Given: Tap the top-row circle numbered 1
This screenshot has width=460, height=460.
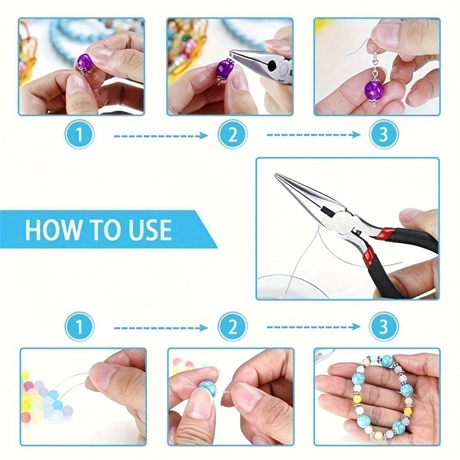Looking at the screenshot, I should (80, 134).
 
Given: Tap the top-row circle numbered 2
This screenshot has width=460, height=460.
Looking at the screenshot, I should (232, 134).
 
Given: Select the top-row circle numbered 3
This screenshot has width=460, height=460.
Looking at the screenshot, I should (384, 134).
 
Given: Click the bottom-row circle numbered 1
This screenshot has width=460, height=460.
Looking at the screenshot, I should (80, 327).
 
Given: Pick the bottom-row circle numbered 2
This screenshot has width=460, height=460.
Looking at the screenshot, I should (232, 327).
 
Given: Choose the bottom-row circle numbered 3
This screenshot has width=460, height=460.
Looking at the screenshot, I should (384, 327).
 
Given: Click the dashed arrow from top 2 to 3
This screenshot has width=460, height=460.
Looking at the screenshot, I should (313, 135).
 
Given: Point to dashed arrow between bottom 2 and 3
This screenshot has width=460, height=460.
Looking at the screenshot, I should (313, 327).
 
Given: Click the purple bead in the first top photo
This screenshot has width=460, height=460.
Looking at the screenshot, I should (85, 62).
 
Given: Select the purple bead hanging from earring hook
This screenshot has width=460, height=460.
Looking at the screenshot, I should (374, 90).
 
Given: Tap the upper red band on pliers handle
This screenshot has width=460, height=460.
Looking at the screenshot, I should (385, 233).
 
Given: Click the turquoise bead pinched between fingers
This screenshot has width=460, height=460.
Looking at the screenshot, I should (208, 388).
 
